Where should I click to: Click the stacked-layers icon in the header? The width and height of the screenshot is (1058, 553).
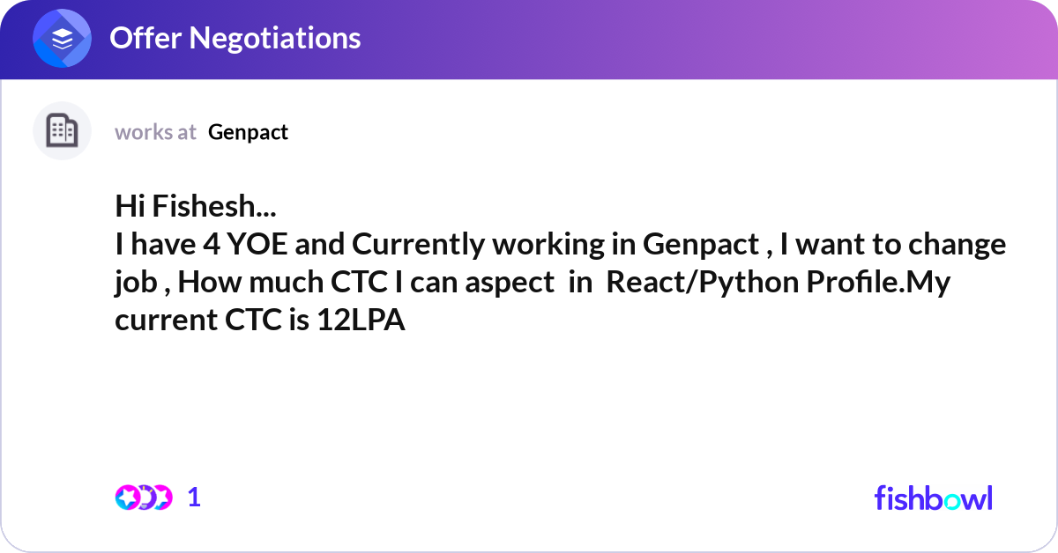tap(62, 38)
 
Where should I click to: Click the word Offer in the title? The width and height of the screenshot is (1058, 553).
tap(145, 38)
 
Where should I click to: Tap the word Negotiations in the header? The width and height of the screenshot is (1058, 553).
tap(275, 38)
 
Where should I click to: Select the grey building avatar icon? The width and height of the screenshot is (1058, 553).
tap(62, 130)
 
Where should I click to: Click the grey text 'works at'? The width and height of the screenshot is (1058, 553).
tap(155, 132)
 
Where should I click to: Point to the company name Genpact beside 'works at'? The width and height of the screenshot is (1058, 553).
tap(248, 132)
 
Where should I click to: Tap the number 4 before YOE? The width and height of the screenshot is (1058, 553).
tap(212, 244)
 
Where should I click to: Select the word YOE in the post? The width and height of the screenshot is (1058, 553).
tap(257, 244)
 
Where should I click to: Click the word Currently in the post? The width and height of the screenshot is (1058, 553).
tap(418, 245)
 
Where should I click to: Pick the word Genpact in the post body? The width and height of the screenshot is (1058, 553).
tap(700, 245)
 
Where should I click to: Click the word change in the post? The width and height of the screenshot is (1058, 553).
tap(957, 245)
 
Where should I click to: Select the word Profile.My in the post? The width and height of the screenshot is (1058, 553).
tap(878, 282)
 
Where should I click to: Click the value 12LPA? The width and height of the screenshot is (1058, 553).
tap(361, 320)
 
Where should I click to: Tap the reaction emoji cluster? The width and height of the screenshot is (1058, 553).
tap(144, 498)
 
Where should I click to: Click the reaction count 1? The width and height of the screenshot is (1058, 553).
tap(194, 498)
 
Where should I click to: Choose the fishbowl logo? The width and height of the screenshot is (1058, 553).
tap(934, 498)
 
